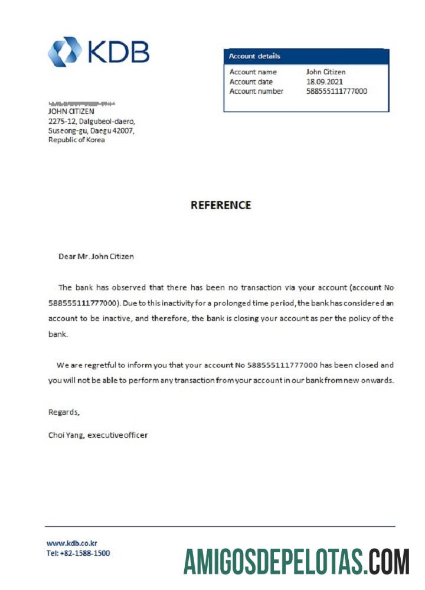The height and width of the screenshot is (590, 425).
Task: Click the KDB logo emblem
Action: tap(64, 51)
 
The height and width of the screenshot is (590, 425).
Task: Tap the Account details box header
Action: tap(255, 57)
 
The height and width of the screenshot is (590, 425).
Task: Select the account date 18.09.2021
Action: tap(324, 81)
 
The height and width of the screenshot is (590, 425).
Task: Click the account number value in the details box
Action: tap(336, 91)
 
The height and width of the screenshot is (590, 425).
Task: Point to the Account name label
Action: tap(253, 72)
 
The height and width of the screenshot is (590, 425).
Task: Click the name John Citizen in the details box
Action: tap(326, 72)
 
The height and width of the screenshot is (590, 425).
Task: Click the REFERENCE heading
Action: tap(221, 205)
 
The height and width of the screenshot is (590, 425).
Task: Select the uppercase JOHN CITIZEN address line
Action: tap(71, 111)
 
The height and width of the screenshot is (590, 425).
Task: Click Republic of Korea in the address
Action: tap(76, 140)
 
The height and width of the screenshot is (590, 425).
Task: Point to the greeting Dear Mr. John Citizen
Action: tap(96, 257)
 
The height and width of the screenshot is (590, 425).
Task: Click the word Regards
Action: tap(63, 412)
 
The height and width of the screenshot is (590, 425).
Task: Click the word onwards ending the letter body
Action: tap(375, 381)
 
